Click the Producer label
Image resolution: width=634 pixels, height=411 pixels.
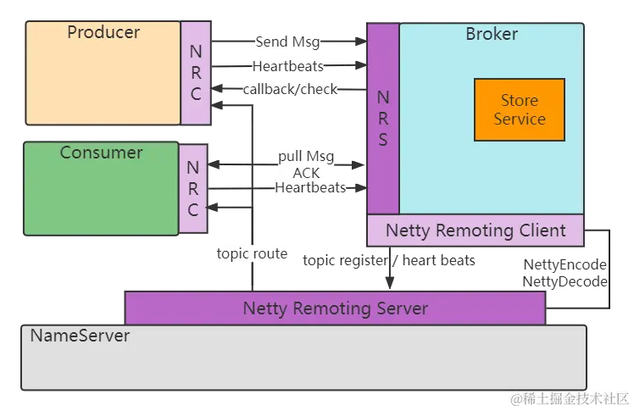[x=103, y=33]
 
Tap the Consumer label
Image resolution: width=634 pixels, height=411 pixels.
[x=101, y=153]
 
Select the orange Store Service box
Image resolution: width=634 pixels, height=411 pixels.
[x=519, y=109]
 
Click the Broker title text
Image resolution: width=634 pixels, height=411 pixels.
[x=492, y=35]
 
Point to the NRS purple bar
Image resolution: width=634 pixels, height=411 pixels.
[x=383, y=119]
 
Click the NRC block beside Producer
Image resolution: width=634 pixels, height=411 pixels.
[x=196, y=73]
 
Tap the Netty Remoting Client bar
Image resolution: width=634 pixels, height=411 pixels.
[x=475, y=230]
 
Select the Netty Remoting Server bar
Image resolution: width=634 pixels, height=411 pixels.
[x=335, y=308]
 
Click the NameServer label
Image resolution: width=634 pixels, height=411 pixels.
[x=81, y=336]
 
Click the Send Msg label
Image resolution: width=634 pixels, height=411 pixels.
[x=287, y=42]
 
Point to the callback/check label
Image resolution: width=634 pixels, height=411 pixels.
[x=290, y=89]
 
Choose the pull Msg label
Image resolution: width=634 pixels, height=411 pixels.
[x=307, y=158]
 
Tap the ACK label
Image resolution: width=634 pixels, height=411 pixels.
[x=307, y=173]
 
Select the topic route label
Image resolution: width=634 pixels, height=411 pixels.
[x=253, y=253]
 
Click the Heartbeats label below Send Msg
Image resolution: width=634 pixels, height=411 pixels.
[x=287, y=66]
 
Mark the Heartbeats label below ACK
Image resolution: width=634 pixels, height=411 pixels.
[x=310, y=188]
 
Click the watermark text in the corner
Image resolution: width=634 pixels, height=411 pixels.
[x=569, y=397]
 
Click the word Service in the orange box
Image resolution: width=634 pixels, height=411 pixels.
[x=520, y=119]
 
